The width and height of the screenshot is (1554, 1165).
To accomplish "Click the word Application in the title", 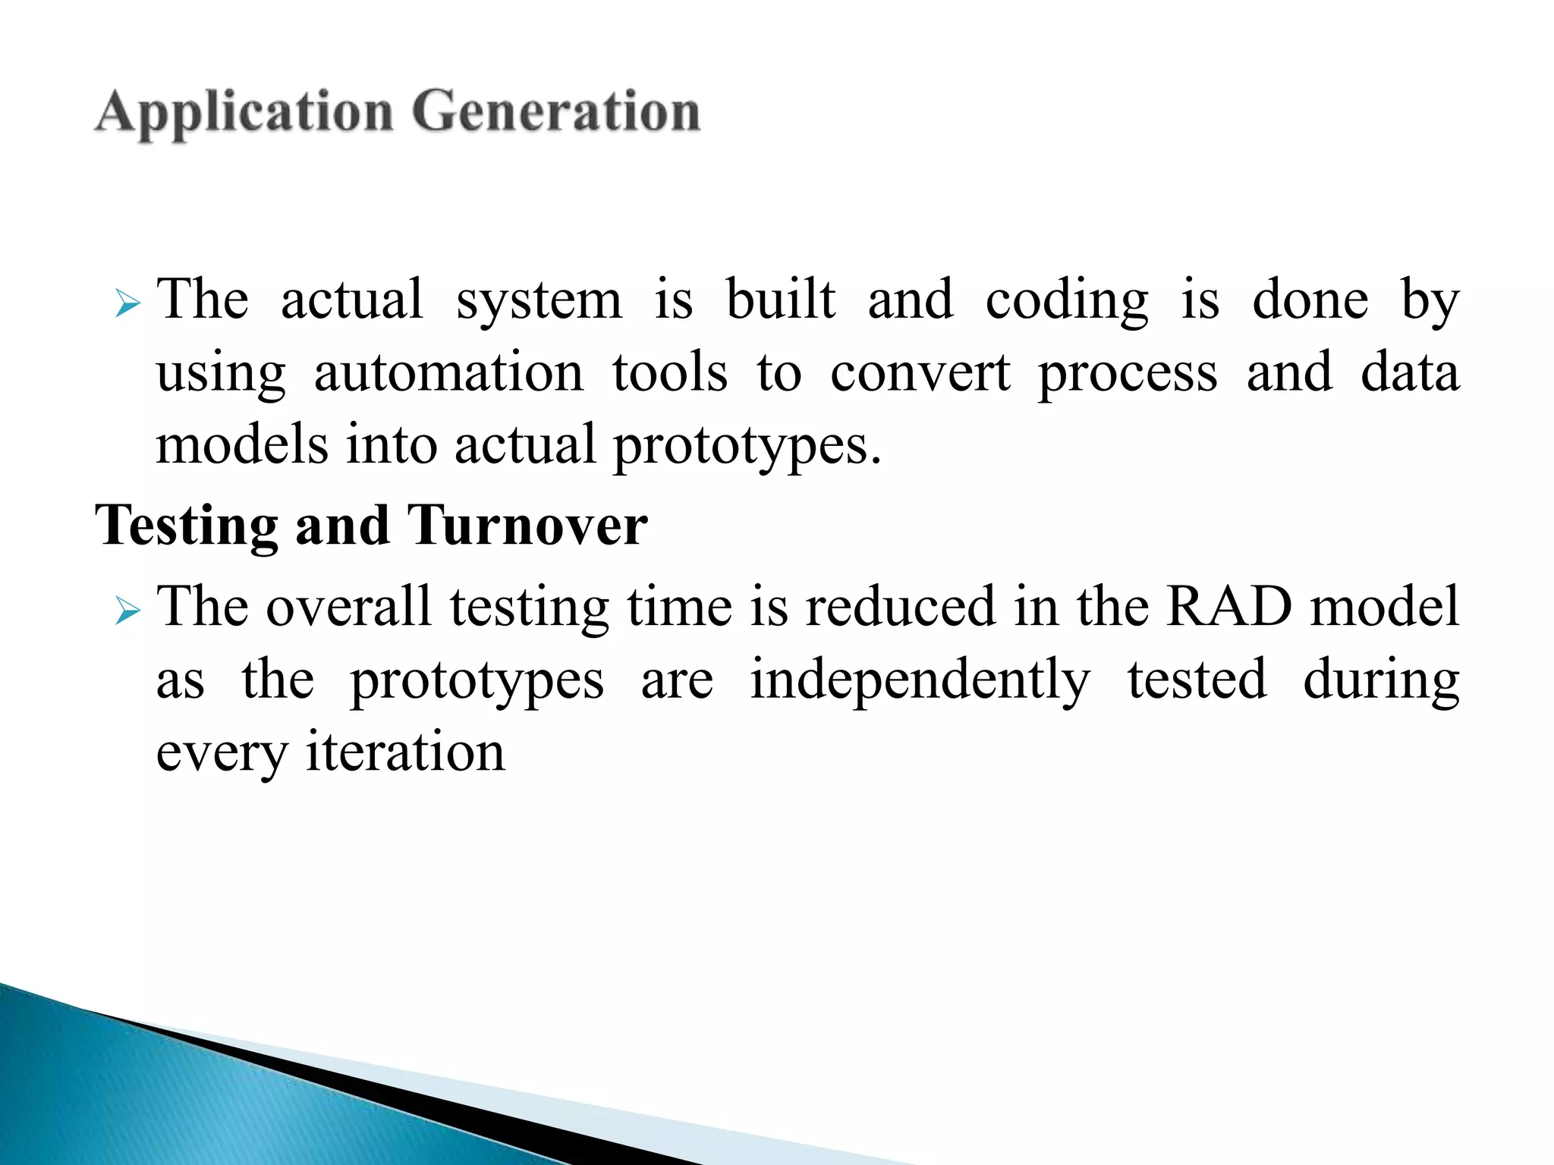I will tap(244, 113).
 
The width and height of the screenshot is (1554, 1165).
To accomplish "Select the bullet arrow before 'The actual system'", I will tap(128, 305).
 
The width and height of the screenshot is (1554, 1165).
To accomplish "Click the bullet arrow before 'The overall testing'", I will tap(128, 611).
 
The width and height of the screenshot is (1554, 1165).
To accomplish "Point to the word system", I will tap(539, 301).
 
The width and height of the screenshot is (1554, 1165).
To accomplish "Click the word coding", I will tap(1067, 301).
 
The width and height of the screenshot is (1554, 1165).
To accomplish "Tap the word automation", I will tap(448, 372).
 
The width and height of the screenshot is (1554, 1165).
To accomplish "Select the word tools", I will tap(670, 372).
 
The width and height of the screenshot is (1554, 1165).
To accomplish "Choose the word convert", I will tap(920, 372).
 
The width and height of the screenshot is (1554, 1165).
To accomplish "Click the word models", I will tap(242, 444).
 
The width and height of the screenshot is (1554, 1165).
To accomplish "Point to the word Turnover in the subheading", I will tap(527, 525).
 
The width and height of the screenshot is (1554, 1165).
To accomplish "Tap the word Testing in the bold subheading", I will tap(187, 526).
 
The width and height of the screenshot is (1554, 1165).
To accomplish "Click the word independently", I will tap(920, 680).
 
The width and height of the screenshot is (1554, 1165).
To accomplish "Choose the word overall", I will tap(349, 606).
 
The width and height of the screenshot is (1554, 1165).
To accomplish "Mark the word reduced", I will tap(901, 606).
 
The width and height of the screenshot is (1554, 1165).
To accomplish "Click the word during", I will tap(1381, 680).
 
